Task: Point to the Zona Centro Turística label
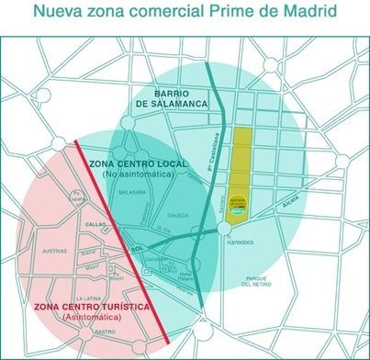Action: click(80, 307)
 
